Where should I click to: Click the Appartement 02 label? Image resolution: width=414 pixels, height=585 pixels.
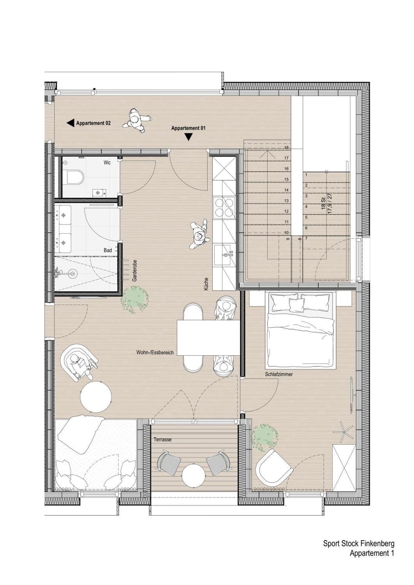(93, 123)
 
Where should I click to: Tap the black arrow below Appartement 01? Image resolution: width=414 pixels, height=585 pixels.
(188, 137)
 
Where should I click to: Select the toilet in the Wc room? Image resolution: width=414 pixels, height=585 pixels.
(75, 177)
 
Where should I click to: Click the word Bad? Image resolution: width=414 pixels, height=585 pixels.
(108, 250)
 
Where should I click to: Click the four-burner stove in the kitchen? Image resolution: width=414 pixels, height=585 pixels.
(224, 207)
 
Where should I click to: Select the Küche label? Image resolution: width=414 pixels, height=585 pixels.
(206, 284)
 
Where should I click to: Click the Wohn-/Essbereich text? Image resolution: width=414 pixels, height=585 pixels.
(155, 352)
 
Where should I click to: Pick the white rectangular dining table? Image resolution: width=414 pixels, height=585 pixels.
(208, 338)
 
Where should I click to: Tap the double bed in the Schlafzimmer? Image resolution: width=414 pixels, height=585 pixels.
(300, 330)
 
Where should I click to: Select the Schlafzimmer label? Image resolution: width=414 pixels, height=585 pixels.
(279, 374)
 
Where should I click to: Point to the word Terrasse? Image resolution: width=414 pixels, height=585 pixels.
(163, 440)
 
